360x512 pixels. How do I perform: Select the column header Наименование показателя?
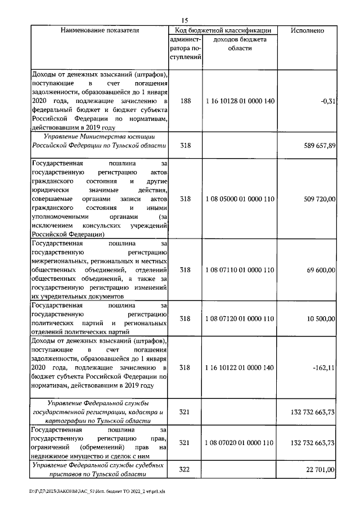pyautogui.click(x=100, y=30)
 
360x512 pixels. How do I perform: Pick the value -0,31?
pyautogui.click(x=327, y=101)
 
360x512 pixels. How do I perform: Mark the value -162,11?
pyautogui.click(x=323, y=367)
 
